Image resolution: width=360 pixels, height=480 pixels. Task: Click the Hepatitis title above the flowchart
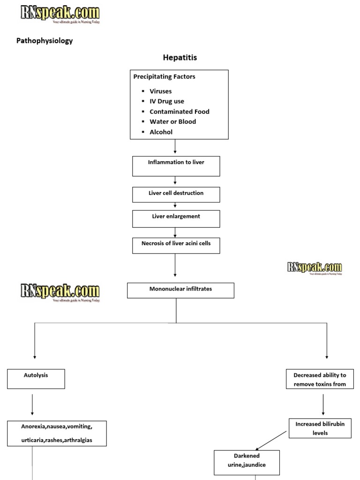(180, 58)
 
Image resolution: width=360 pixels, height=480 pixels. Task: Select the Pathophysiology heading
(45, 41)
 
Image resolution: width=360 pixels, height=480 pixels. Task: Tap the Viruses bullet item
(160, 91)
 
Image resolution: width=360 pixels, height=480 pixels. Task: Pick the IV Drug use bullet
(166, 101)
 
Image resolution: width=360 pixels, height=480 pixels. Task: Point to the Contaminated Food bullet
(179, 112)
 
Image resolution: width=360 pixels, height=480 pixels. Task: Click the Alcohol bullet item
(161, 132)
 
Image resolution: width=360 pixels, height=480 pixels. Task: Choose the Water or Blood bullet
(172, 122)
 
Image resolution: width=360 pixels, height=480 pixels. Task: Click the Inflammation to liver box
(176, 166)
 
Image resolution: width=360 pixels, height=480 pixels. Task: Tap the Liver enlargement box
(176, 218)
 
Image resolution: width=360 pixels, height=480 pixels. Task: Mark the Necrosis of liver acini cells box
(176, 245)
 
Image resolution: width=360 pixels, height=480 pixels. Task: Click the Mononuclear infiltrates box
(180, 291)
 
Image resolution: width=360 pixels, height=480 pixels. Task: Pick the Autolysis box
(36, 379)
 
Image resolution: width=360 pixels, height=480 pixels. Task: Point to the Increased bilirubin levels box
(320, 428)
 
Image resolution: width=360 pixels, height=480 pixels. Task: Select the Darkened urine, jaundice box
(247, 463)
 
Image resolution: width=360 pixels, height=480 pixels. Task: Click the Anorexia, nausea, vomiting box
(57, 433)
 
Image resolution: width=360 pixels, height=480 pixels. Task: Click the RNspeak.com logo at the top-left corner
(60, 14)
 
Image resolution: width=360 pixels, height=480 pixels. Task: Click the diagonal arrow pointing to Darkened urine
(271, 440)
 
